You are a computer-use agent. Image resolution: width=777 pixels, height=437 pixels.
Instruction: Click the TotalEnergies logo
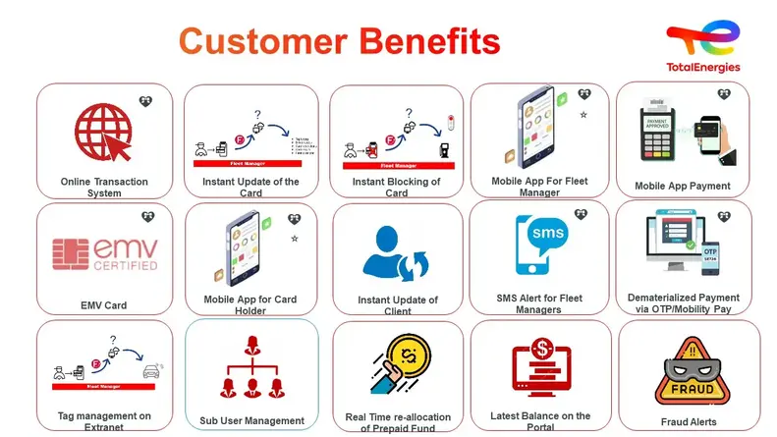coord(702,47)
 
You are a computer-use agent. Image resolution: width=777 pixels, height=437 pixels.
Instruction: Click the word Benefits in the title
coord(427,41)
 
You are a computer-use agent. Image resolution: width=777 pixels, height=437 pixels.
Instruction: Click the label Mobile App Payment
coord(682,186)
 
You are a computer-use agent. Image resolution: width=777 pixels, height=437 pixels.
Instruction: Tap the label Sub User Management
coord(251,421)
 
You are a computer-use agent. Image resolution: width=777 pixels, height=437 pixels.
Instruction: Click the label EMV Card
coord(103,305)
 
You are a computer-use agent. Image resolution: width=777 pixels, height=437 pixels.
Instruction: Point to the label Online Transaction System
coord(104,188)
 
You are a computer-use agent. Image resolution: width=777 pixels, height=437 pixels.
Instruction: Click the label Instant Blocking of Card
coord(396,188)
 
